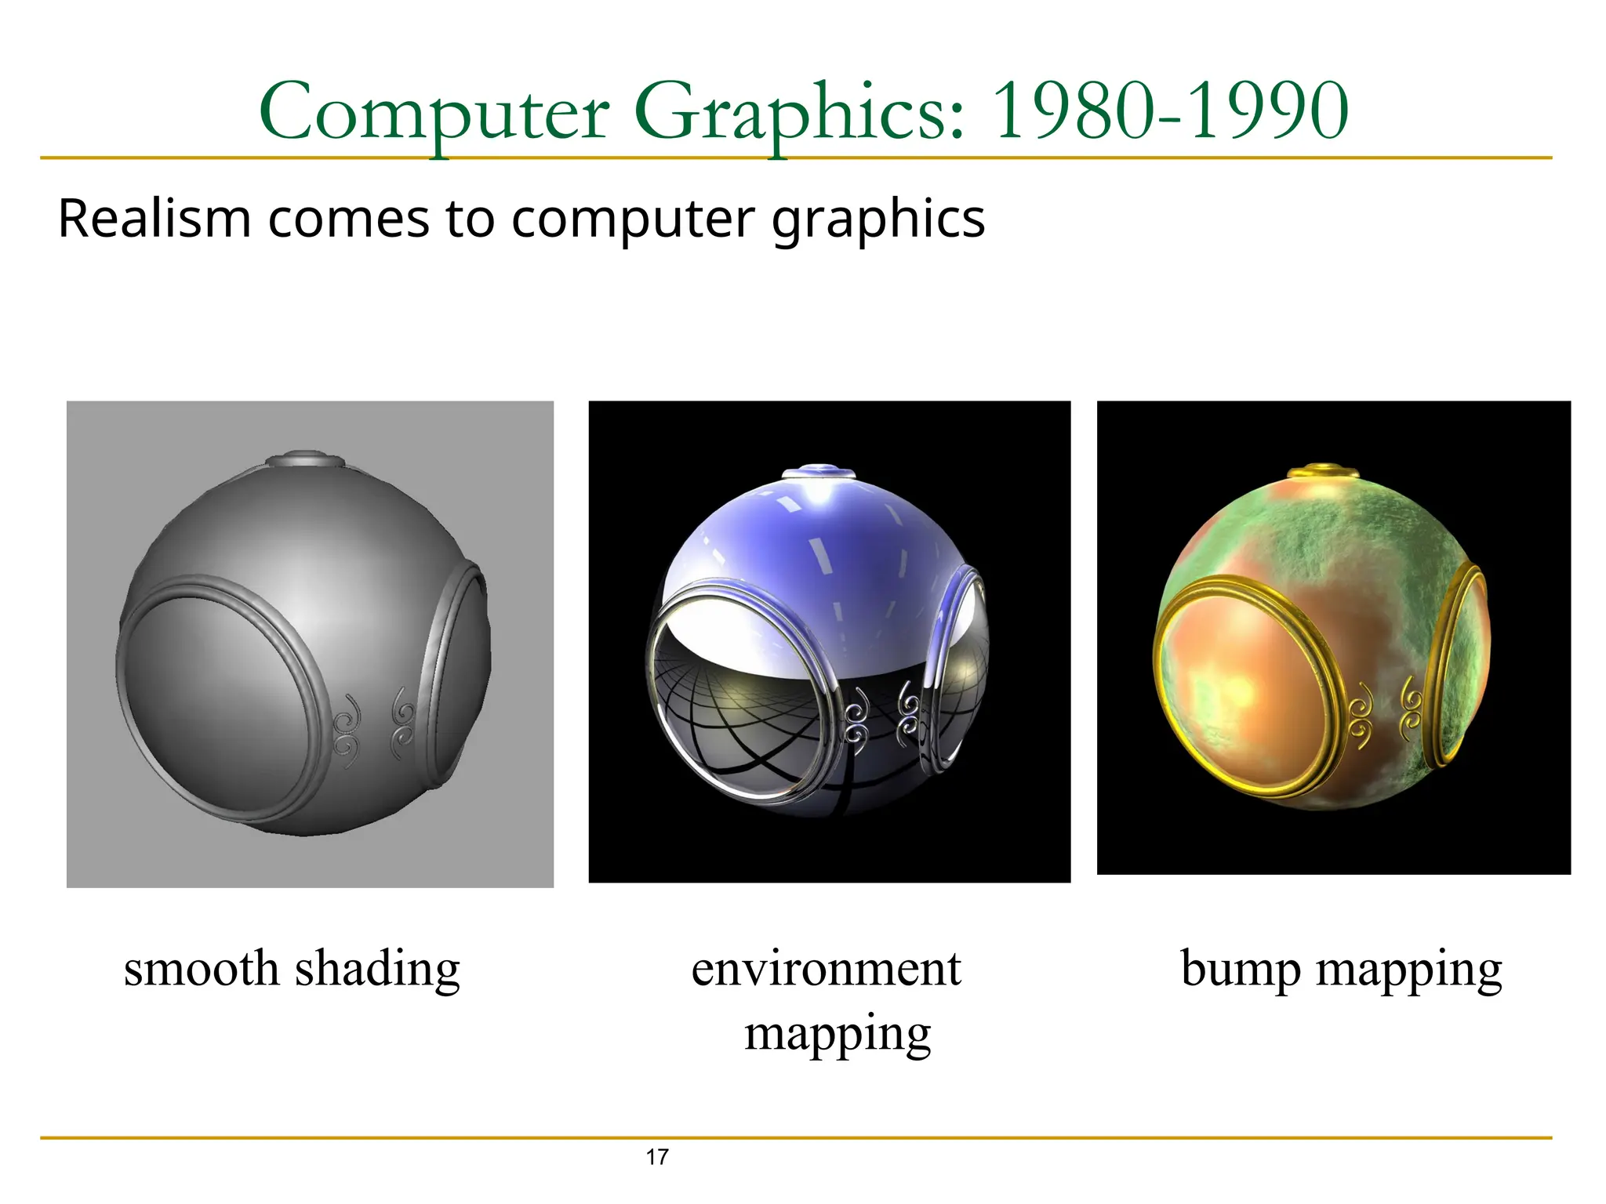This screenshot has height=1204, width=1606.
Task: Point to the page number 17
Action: [657, 1157]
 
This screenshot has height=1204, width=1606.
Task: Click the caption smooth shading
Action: [292, 969]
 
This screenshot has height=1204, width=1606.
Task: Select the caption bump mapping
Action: [1341, 969]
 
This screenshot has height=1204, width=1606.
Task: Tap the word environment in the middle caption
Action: [826, 969]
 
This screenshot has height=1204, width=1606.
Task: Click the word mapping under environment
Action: [838, 1033]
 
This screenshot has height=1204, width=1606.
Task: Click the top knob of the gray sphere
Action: [306, 458]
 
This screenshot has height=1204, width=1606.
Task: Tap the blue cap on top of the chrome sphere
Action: [819, 472]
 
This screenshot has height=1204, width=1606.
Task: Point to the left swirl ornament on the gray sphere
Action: [347, 726]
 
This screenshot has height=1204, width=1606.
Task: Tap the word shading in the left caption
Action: [377, 969]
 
